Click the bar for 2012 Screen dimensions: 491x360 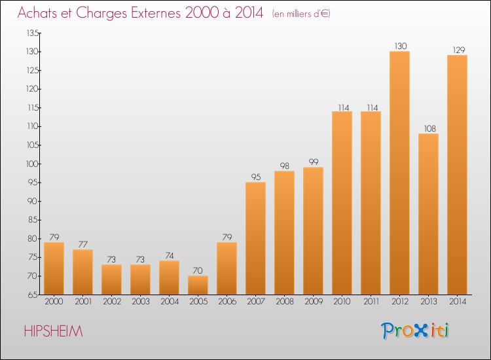[x=399, y=173]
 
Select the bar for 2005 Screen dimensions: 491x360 [x=198, y=285]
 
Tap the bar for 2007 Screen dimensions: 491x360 [x=255, y=238]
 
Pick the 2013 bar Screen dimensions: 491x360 [x=428, y=214]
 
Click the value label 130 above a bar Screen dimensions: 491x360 [x=401, y=46]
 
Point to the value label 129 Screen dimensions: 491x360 [x=459, y=50]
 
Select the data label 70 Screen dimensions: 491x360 [x=198, y=270]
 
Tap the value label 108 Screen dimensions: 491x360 [x=429, y=129]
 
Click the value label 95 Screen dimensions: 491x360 [x=256, y=177]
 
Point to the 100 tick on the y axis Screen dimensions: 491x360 [x=32, y=164]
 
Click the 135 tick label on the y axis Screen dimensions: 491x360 [x=33, y=33]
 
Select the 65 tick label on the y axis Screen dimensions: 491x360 [x=33, y=295]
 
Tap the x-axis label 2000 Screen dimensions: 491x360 [x=54, y=302]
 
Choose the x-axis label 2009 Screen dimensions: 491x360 [x=314, y=302]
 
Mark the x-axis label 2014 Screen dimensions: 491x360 [x=458, y=302]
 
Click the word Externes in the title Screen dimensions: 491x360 [x=156, y=12]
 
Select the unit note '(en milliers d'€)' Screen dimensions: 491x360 [x=301, y=14]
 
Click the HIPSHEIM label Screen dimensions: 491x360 [x=53, y=331]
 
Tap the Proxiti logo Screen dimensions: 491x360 [x=415, y=331]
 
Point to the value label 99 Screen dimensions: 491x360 [x=314, y=162]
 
